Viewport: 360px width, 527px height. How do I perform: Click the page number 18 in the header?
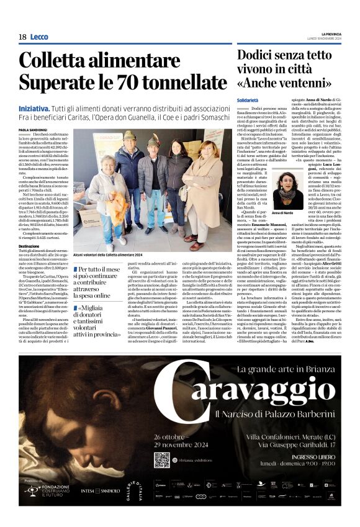pyautogui.click(x=22, y=37)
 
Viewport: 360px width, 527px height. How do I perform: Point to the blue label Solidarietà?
pyautogui.click(x=248, y=100)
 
